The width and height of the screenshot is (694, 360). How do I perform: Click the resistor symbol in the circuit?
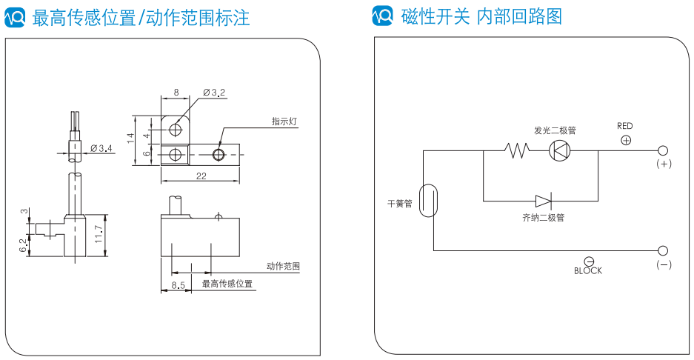[517, 150]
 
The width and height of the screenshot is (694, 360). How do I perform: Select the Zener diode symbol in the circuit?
[544, 201]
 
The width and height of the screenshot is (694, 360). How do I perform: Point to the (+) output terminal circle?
[663, 150]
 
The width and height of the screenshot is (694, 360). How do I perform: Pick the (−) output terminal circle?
[663, 250]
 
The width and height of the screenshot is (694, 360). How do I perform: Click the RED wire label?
[625, 126]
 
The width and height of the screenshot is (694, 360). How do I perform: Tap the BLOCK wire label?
[588, 271]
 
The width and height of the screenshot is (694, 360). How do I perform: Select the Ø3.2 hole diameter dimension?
[214, 93]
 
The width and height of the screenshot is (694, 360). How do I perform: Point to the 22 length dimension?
[201, 176]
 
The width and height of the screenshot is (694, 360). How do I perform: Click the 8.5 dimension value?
[178, 284]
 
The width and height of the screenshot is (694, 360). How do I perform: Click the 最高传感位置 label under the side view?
[227, 284]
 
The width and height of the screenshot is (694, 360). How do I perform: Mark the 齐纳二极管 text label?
[543, 218]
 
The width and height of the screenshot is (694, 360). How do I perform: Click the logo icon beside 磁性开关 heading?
[381, 16]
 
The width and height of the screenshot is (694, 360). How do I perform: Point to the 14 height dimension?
[130, 137]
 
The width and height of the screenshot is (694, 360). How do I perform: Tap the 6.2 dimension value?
[23, 244]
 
